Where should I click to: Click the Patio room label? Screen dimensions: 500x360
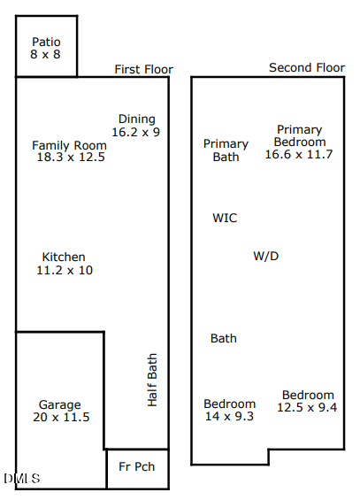point(46,42)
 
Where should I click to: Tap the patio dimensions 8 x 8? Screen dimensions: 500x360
point(46,54)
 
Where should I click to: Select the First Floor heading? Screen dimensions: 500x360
point(143,69)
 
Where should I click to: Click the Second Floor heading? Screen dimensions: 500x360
point(307,67)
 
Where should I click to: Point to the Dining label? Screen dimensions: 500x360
point(136,119)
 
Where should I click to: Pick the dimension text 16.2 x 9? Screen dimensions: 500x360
point(135,132)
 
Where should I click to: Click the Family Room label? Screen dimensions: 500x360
point(69,145)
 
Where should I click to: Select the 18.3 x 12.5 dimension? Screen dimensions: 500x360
point(71,158)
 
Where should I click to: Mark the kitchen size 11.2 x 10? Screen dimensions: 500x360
point(64,270)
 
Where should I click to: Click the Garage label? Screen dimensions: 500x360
point(59,404)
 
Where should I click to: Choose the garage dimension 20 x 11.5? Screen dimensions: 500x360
point(61,417)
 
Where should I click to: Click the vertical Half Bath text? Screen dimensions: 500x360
point(152,380)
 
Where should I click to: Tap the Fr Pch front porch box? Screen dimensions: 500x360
point(137,467)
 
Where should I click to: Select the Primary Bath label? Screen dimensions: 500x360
point(226,150)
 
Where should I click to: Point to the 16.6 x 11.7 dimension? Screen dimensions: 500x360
point(299,154)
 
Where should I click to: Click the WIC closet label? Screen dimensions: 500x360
point(225,218)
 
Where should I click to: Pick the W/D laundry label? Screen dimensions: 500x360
point(266,256)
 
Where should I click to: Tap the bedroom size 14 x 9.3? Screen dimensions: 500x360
point(229,416)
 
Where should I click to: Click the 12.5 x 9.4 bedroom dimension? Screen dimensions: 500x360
point(307,407)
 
